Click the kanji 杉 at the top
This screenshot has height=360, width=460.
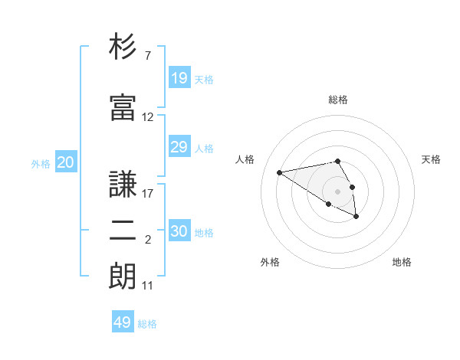pos(123,47)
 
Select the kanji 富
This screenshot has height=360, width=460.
pos(123,107)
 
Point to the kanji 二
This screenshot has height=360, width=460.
pos(123,233)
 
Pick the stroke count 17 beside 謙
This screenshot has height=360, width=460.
pos(147,193)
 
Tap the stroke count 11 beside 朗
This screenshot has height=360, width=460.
pos(147,286)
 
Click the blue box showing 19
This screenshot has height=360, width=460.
pos(179,78)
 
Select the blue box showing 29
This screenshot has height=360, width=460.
pos(179,147)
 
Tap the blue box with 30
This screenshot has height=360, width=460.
pos(179,231)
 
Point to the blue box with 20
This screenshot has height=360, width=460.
pos(65,162)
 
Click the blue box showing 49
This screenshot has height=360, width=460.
pos(122,322)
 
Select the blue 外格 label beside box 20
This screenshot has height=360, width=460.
pos(41,163)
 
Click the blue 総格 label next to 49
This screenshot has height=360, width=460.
pos(147,324)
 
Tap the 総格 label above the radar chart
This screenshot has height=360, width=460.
pos(338,100)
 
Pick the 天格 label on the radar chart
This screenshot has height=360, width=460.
pos(431,159)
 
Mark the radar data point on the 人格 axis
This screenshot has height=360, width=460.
pos(279,172)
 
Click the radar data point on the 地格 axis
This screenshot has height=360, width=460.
pos(356,217)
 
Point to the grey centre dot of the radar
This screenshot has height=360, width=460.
pos(338,191)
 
